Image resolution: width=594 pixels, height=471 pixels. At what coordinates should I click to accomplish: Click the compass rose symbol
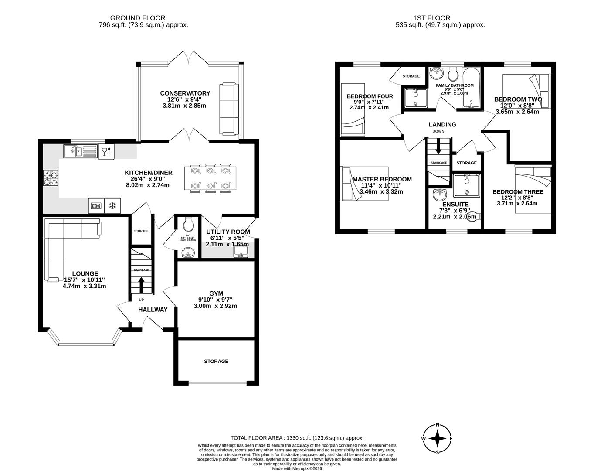[x=437, y=438]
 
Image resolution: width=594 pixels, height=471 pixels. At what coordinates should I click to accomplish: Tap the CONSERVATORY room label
[x=185, y=93]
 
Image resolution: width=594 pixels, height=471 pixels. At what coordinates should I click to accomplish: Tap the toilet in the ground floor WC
[x=189, y=225]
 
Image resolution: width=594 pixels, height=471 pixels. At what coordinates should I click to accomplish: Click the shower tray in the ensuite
[x=466, y=185]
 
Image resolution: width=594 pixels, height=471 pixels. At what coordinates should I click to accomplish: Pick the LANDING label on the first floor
[x=442, y=124]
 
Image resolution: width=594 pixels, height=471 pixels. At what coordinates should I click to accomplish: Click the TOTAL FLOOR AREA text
[x=296, y=438]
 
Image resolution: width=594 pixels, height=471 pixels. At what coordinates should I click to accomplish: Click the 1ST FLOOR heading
[x=431, y=18]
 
